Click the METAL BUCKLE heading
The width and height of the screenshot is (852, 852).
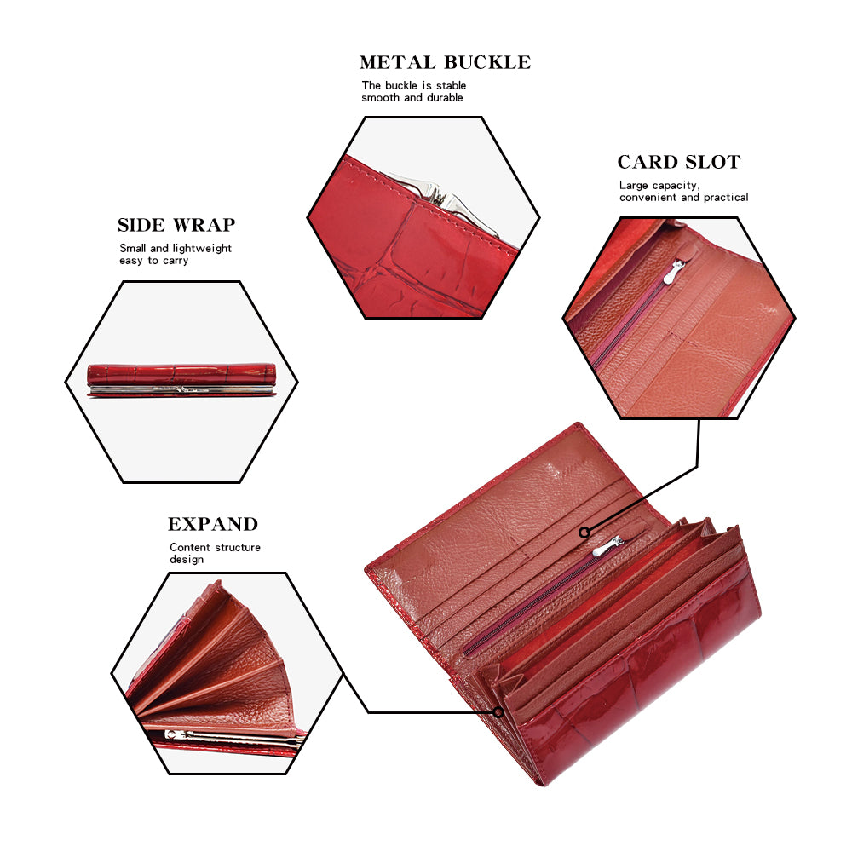(x=445, y=62)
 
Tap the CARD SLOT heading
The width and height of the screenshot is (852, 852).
(x=679, y=162)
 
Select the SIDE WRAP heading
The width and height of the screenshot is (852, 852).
(x=176, y=225)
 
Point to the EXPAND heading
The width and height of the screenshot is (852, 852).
(x=213, y=524)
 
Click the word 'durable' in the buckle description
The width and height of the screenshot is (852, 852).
(x=445, y=98)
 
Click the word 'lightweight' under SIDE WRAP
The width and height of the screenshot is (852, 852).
(x=202, y=249)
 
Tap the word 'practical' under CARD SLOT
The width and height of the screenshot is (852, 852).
(x=726, y=198)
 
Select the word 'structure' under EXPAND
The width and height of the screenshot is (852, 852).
(x=238, y=547)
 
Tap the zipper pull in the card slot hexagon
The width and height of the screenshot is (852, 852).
(x=677, y=271)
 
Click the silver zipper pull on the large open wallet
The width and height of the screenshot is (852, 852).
(x=608, y=546)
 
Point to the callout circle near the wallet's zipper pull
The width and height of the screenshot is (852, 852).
(x=584, y=532)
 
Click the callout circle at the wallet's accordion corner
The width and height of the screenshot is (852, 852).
(x=498, y=712)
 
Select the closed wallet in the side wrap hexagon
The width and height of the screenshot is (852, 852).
(x=182, y=380)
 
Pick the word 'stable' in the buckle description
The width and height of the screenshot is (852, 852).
(x=451, y=86)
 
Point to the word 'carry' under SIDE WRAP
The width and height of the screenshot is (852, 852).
(x=175, y=262)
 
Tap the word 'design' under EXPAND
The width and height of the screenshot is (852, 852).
(x=187, y=560)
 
